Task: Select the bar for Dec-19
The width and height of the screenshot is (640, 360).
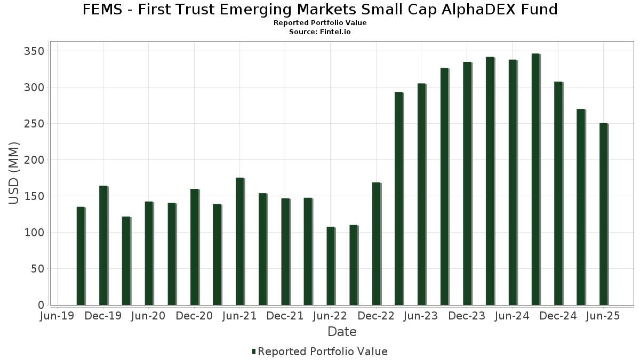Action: [103, 245]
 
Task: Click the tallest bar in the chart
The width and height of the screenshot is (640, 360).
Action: [535, 179]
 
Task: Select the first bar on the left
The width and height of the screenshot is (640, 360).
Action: [81, 256]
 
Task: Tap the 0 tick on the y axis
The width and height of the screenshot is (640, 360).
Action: [41, 305]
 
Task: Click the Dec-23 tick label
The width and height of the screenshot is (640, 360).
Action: [467, 316]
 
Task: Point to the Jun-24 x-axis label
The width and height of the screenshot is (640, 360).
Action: [512, 316]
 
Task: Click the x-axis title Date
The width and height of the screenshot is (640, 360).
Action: [342, 332]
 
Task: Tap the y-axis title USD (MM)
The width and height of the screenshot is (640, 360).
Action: [14, 173]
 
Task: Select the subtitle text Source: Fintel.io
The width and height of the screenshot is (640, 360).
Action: [320, 32]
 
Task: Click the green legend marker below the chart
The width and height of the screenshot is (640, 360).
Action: [254, 351]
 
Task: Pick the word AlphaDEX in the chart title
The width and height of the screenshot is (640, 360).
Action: [464, 10]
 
